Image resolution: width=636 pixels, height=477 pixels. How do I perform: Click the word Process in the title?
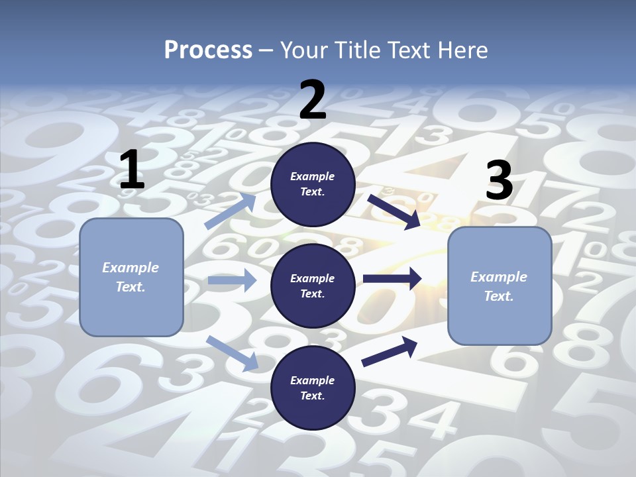pos(208,50)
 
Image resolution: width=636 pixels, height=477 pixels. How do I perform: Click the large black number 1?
pos(132,170)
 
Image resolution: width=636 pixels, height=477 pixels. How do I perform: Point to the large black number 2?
pos(313,100)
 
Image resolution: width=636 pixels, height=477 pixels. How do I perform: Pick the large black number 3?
pos(499,181)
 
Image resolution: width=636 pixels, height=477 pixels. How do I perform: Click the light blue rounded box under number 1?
pos(131,277)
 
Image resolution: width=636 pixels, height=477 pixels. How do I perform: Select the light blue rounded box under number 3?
pos(500,286)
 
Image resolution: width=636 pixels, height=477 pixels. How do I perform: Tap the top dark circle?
pos(313,184)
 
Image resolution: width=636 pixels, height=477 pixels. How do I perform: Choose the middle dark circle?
pos(313,286)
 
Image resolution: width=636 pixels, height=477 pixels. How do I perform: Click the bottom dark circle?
pos(313,388)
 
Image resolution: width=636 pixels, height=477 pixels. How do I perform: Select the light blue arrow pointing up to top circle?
pos(231,211)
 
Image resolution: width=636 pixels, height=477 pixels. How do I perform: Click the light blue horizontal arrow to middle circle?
pos(232,280)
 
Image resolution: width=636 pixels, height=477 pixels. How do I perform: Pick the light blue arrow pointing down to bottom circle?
pos(233,353)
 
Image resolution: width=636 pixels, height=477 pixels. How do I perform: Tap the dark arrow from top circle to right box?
pos(394,211)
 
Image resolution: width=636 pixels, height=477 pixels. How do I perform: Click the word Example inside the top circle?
pos(313,176)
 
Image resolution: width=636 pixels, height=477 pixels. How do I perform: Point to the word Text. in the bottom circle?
pos(313,396)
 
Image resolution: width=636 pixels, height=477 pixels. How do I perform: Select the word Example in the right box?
pos(499,277)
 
